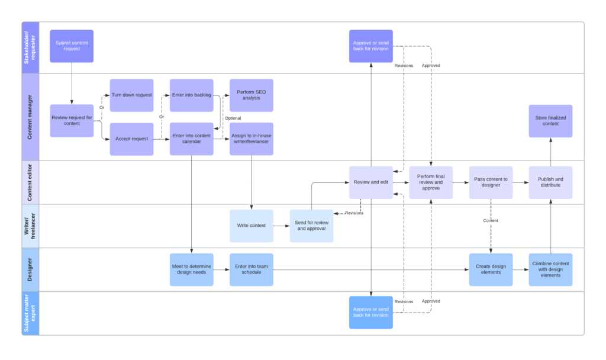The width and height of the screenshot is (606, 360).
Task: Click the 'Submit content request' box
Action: pos(72,46)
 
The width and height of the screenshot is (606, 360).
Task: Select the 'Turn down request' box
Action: pos(131,95)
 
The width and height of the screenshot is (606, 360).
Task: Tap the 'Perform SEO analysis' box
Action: pos(252,95)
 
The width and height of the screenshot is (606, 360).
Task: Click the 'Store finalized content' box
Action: pos(550,121)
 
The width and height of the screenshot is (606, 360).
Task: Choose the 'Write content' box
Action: pos(252,226)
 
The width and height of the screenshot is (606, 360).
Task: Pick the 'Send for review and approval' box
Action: pos(311,226)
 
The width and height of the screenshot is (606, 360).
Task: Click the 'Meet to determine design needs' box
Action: pos(192,269)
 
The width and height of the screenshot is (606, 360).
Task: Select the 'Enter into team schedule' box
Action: pos(252,269)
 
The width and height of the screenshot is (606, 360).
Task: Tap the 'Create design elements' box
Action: pos(491,269)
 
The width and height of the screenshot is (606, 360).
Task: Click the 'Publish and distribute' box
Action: pos(550,182)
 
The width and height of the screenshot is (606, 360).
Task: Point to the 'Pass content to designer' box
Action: pos(491,182)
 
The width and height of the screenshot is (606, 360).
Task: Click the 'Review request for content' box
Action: pos(72,121)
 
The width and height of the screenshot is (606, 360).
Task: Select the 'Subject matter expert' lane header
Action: pos(30,313)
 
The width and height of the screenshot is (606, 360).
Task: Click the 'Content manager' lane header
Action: pos(30,117)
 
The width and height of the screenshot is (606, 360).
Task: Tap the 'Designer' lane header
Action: pos(30,269)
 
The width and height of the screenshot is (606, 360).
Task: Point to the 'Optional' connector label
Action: pos(233,118)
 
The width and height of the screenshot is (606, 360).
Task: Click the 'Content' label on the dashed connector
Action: pos(491,220)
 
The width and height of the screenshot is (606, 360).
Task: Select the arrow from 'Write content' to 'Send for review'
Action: pos(281,226)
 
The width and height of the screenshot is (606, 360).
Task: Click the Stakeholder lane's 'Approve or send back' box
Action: pos(371,46)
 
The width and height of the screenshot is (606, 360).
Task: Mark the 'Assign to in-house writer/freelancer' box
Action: pos(252,139)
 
